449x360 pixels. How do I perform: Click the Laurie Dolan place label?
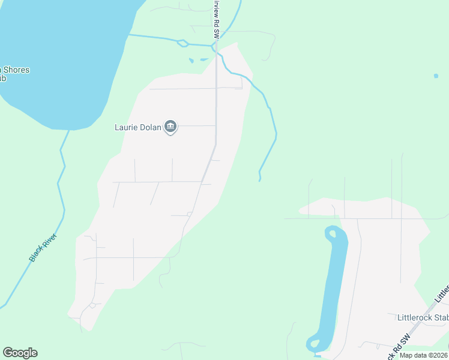(138, 127)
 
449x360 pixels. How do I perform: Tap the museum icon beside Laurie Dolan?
(170, 127)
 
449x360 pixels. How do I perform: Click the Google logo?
(20, 353)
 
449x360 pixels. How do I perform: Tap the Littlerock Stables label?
(423, 317)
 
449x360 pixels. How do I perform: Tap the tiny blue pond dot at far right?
(436, 76)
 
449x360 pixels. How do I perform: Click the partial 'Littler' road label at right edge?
(442, 293)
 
